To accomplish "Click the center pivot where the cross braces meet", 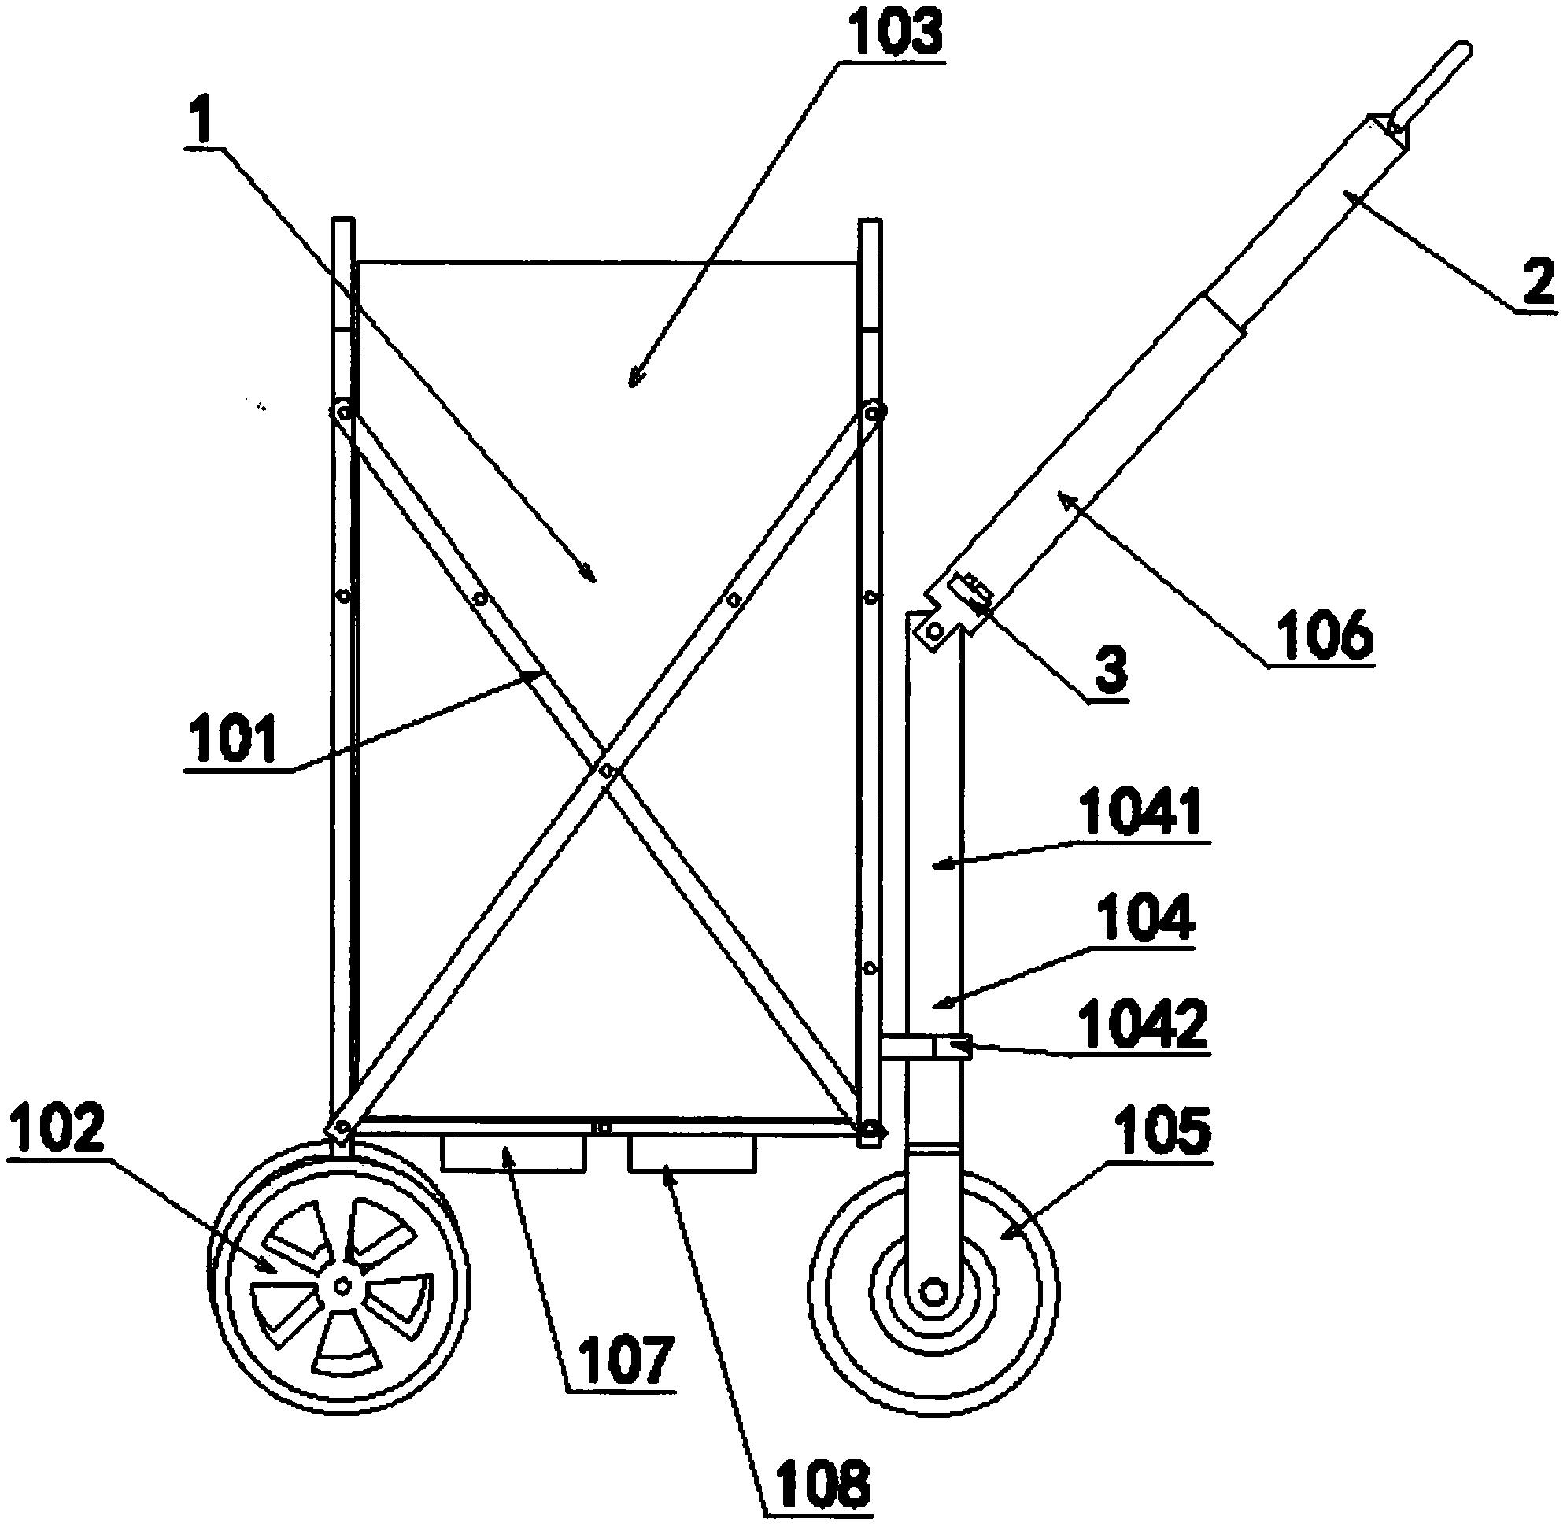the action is click(x=607, y=771).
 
